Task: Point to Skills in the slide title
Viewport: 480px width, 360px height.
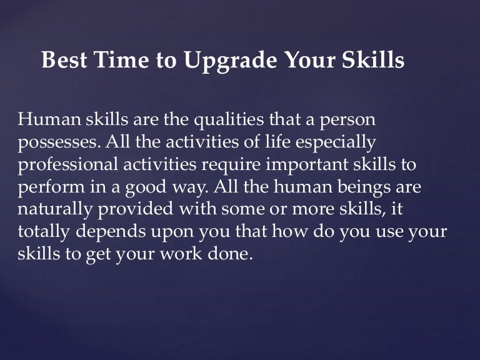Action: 372,61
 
